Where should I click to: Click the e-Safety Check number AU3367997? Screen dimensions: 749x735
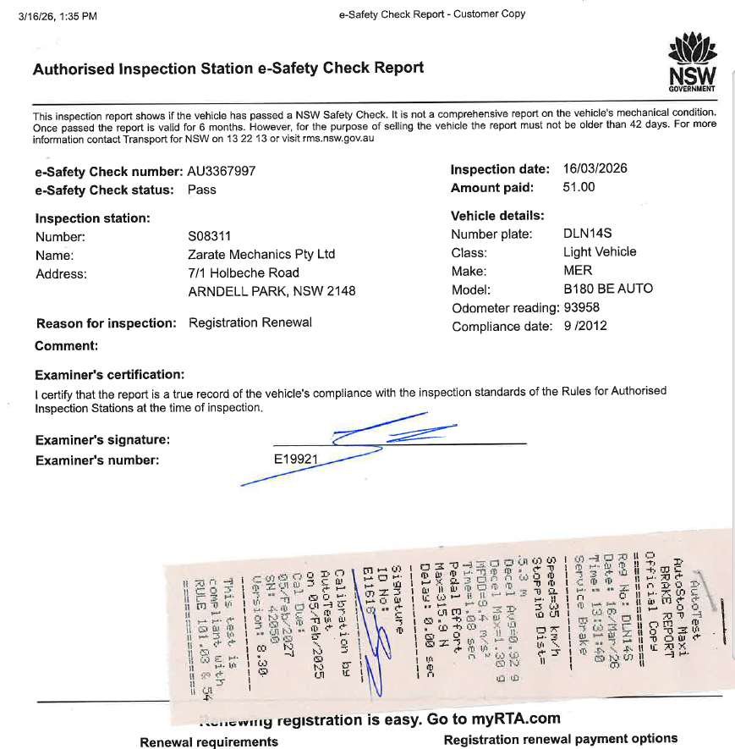coord(222,171)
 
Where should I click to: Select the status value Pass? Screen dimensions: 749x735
coord(202,190)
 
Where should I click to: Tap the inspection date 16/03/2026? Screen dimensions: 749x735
coord(595,168)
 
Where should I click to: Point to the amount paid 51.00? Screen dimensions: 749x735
coord(579,187)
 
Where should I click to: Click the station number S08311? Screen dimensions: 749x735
coord(209,236)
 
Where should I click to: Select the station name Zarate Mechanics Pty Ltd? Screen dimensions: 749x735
coord(261,254)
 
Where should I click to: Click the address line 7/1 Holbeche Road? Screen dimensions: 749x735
coord(244,273)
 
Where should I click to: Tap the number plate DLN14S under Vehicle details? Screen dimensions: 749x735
coord(587,234)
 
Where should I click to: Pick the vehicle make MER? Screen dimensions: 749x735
coord(578,270)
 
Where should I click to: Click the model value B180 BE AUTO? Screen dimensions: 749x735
coord(608,289)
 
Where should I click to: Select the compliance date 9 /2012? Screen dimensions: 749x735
coord(585,326)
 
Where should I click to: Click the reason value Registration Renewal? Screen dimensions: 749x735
coord(250,322)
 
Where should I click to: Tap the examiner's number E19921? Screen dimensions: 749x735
coord(296,459)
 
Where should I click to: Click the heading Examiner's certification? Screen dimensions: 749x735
coord(110,375)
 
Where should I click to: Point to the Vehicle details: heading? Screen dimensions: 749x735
coord(497,216)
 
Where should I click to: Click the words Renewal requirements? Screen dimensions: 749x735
coord(209,741)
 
